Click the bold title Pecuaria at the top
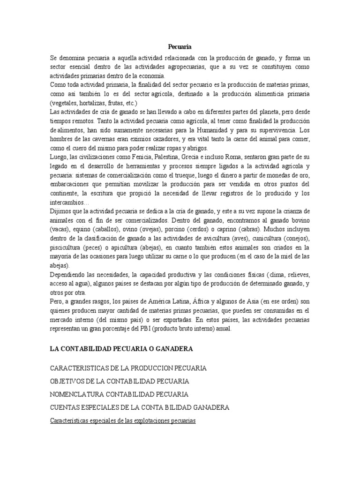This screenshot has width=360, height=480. tap(180, 46)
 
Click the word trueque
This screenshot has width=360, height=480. tap(167, 175)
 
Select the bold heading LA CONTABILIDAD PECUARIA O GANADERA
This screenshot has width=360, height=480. tap(121, 349)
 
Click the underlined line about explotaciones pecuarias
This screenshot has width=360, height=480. tap(122, 420)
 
